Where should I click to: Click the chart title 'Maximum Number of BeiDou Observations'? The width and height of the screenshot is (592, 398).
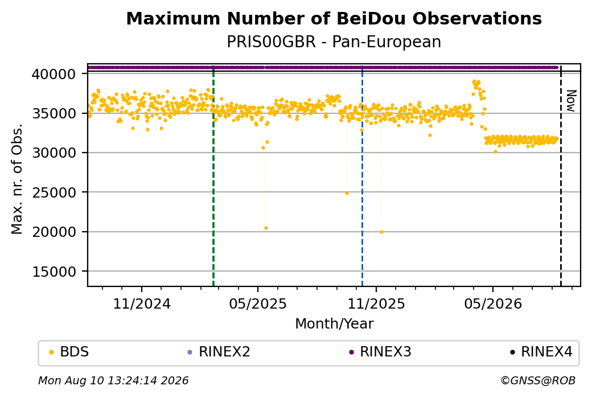click(x=334, y=18)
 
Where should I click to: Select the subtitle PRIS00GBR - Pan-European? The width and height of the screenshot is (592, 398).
click(x=334, y=42)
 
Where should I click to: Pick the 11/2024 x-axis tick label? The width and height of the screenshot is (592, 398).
click(x=142, y=303)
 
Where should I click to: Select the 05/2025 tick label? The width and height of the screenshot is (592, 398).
click(x=258, y=303)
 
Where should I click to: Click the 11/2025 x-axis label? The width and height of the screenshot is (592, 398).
click(x=376, y=303)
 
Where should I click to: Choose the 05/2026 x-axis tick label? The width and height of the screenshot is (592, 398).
click(x=493, y=303)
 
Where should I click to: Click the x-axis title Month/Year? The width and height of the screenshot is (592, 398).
click(x=334, y=323)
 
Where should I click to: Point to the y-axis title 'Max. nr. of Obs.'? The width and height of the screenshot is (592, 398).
click(x=17, y=179)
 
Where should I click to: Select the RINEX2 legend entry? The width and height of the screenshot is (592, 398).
click(x=219, y=352)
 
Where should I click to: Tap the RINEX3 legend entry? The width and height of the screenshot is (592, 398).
click(x=380, y=352)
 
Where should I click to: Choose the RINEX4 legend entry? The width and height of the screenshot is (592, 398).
click(x=541, y=352)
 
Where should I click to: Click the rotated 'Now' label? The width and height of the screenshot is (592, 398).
click(x=571, y=101)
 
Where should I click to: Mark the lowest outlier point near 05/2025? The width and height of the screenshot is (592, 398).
click(x=266, y=228)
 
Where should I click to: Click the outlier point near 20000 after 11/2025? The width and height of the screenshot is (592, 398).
click(x=382, y=232)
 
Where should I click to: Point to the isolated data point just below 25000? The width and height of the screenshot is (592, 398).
click(x=347, y=194)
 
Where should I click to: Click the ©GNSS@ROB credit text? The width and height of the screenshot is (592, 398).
click(x=538, y=380)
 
